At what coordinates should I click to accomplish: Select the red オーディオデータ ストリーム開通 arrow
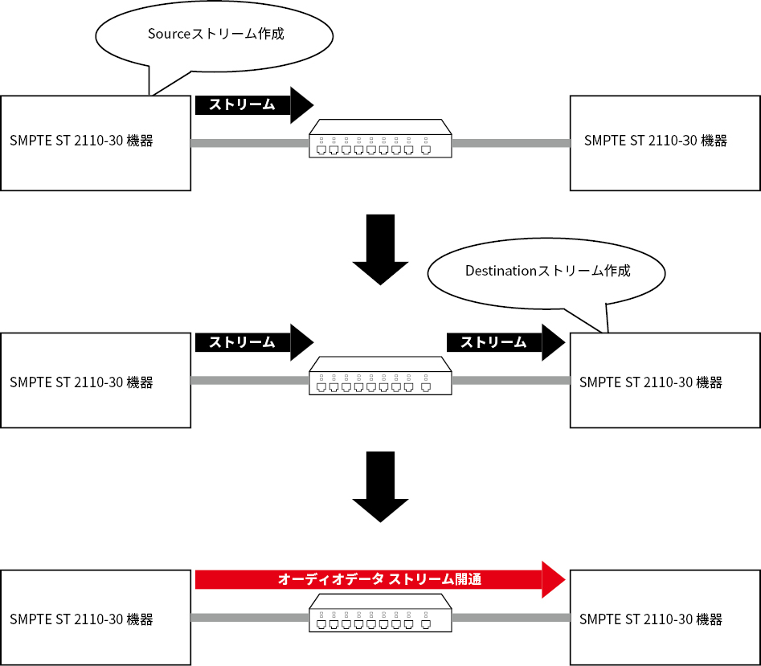tap(380, 579)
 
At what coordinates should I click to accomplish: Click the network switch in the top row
tap(381, 139)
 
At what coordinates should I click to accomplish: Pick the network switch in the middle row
tap(381, 376)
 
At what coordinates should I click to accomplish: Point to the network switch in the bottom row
tap(381, 613)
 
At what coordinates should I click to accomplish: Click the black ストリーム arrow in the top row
tap(254, 104)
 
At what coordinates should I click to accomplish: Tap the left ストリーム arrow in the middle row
tap(254, 342)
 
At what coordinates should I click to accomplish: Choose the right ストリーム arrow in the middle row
tap(505, 342)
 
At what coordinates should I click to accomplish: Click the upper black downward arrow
tap(381, 249)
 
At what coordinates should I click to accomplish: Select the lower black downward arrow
tap(381, 487)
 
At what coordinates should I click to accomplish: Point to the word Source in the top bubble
tap(169, 34)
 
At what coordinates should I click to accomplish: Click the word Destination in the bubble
tap(501, 271)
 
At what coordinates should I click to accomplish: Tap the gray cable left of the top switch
tap(250, 143)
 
